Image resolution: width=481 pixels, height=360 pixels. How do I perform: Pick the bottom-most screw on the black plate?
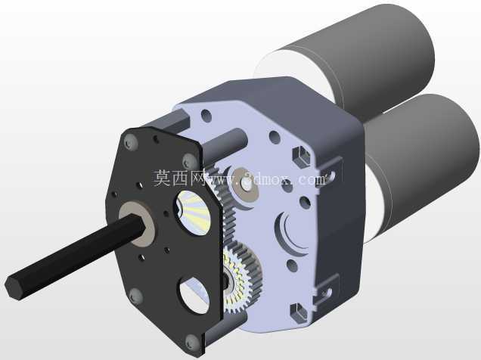[x=192, y=342]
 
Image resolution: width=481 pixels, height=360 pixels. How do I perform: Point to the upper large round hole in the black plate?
[x=194, y=213]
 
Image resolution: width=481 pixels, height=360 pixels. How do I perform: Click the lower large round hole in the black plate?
[x=195, y=295]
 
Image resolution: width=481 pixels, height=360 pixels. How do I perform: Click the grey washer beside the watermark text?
[x=244, y=183]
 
